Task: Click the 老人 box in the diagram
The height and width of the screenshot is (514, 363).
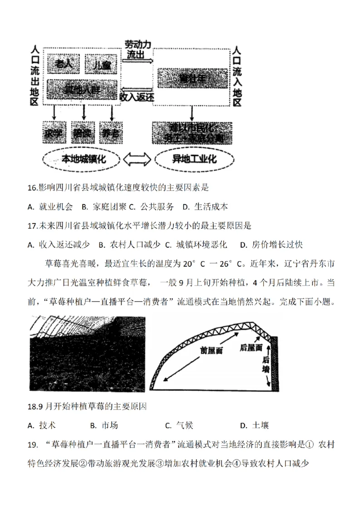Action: click(x=64, y=65)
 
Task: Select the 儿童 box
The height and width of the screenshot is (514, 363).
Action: click(x=101, y=65)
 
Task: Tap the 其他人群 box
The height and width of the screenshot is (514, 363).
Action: click(x=82, y=89)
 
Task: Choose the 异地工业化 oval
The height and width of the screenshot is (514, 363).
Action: click(x=195, y=159)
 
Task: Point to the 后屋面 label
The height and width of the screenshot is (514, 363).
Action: click(x=250, y=348)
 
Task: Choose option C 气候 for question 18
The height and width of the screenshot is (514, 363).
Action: click(x=179, y=425)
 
